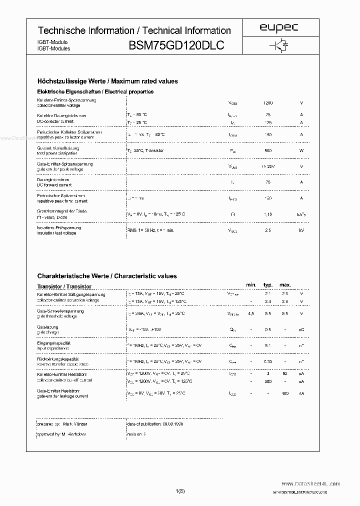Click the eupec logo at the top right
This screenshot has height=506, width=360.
[279, 28]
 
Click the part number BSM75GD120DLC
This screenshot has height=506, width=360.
[176, 45]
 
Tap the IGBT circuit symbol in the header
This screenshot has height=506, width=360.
[279, 45]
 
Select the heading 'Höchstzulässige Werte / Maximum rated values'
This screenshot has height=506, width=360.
[107, 81]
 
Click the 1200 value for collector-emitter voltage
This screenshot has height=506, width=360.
[268, 103]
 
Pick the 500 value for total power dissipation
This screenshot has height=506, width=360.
[268, 150]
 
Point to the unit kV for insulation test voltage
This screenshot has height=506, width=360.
[301, 230]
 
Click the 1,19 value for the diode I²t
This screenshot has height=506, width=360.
[268, 214]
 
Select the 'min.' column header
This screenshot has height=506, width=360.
[251, 285]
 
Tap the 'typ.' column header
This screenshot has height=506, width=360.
[268, 285]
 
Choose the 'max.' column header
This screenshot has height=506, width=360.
[285, 285]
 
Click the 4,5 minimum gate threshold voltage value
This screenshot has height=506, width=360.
[251, 313]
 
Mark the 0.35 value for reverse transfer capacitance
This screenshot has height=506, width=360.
[268, 361]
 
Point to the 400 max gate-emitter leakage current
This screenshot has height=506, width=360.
[285, 393]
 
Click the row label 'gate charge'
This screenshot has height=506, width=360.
[48, 332]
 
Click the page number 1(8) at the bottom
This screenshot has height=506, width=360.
[180, 491]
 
